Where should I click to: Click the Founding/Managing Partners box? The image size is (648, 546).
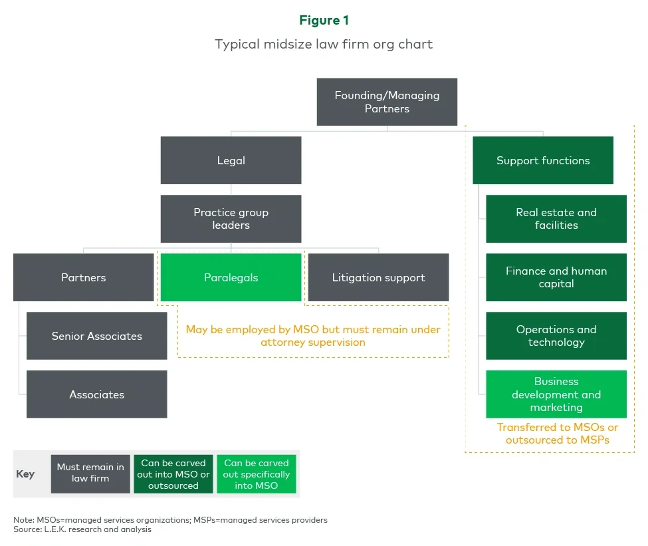point(387,102)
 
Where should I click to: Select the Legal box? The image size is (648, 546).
point(231,160)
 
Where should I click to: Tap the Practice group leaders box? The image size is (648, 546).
point(231,219)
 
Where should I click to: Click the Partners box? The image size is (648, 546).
point(83,277)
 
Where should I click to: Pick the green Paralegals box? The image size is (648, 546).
point(231,277)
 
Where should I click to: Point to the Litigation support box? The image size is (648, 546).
point(378,277)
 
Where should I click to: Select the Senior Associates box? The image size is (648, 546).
point(96,336)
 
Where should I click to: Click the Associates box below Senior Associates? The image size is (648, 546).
point(96,394)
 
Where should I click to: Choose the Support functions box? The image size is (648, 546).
point(542,160)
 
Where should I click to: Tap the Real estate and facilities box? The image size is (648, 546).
point(556,219)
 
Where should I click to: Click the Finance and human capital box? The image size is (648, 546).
point(556,277)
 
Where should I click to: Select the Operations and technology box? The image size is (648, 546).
point(556,336)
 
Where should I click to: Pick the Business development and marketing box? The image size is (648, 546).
point(556,394)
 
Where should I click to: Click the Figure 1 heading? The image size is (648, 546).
point(324,21)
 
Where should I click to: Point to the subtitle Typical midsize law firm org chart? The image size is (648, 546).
point(324,45)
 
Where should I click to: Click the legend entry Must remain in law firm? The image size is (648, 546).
point(90,474)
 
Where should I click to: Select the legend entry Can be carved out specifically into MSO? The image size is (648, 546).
point(257,474)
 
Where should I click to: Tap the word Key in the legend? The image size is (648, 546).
point(25,474)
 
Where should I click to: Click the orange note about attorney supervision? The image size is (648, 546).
point(313,336)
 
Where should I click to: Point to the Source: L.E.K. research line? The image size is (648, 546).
point(82,529)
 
